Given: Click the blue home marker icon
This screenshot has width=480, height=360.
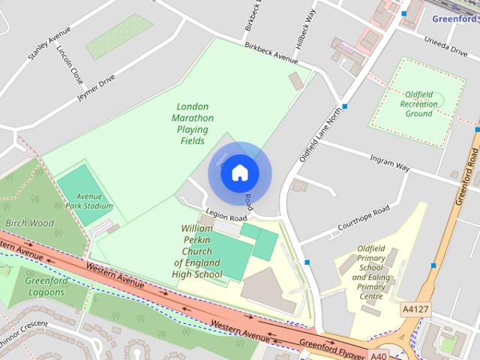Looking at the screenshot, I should (238, 172).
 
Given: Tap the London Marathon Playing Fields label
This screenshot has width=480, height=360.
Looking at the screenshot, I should (193, 124).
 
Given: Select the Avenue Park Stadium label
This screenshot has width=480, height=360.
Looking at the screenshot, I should (88, 201).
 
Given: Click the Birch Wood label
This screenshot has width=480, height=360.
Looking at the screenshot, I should (30, 223).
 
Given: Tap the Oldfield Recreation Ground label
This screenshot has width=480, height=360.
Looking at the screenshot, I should (409, 103).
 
